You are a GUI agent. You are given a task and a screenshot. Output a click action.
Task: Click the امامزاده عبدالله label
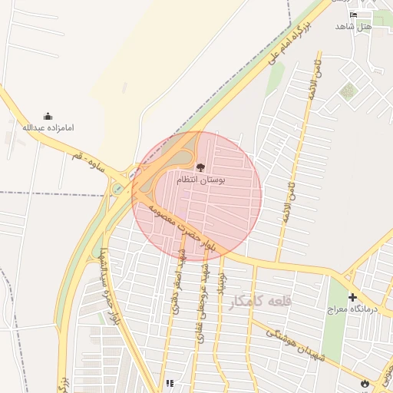[48, 127]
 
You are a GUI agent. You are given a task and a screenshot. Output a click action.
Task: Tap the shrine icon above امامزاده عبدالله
[48, 116]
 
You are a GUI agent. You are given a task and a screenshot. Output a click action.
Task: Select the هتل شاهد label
[353, 26]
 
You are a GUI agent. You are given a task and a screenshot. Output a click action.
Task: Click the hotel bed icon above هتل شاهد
[353, 15]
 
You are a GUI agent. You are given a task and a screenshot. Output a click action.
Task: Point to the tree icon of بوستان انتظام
[200, 167]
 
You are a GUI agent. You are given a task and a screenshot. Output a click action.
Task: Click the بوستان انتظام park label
[201, 179]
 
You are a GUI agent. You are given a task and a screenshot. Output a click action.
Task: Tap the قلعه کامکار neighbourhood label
[260, 302]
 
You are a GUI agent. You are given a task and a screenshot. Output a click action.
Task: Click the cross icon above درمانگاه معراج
[352, 297]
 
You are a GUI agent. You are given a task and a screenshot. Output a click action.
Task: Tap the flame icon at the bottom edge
[363, 382]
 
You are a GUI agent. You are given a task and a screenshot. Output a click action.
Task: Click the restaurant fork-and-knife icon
[169, 383]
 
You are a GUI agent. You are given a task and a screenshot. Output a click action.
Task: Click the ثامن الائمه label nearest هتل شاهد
[312, 81]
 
